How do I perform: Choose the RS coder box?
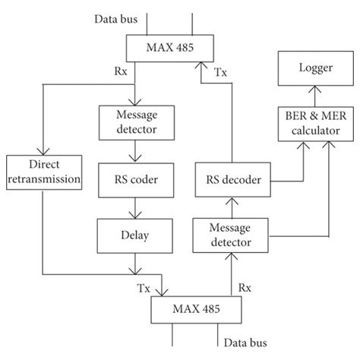click(x=134, y=180)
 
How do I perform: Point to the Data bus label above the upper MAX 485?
click(x=115, y=17)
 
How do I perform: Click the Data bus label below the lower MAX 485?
click(x=248, y=344)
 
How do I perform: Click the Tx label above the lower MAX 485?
click(x=144, y=289)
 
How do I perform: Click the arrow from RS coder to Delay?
click(x=134, y=207)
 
